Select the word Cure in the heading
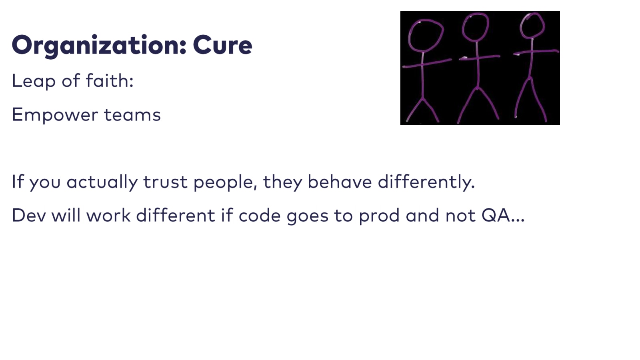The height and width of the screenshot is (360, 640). pyautogui.click(x=222, y=45)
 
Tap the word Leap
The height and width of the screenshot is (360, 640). pyautogui.click(x=34, y=81)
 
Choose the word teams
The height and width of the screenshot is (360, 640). pyautogui.click(x=132, y=115)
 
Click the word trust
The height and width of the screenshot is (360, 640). pyautogui.click(x=165, y=182)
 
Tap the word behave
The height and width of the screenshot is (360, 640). pyautogui.click(x=340, y=182)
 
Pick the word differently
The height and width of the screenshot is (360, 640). pyautogui.click(x=426, y=182)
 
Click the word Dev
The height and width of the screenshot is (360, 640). pyautogui.click(x=28, y=216)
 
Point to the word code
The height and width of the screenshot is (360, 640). pyautogui.click(x=260, y=215)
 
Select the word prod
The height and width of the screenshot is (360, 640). pyautogui.click(x=379, y=216)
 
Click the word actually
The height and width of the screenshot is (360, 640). pyautogui.click(x=102, y=182)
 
